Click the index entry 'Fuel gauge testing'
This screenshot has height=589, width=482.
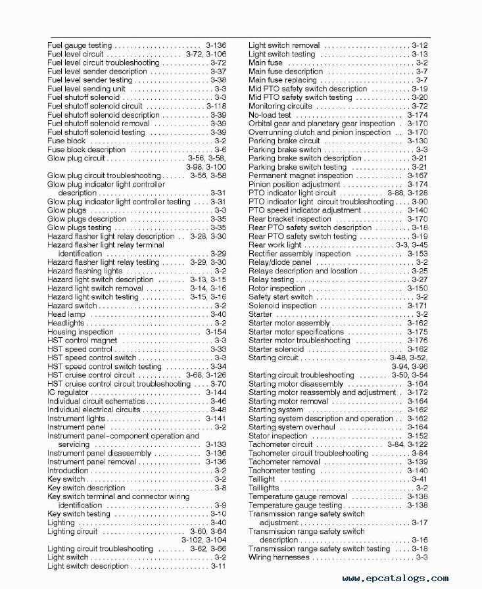tap(80, 45)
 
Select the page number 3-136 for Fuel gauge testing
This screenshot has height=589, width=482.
tap(216, 45)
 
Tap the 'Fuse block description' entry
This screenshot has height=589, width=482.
tap(86, 150)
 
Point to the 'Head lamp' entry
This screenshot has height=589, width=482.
tap(66, 314)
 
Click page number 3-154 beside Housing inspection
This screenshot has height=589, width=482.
tap(216, 332)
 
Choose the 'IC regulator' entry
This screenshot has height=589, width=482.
tap(68, 392)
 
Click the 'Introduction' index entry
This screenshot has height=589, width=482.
tap(68, 471)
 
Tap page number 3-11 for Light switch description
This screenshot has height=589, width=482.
tap(218, 566)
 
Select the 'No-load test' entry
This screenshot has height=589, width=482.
tap(270, 115)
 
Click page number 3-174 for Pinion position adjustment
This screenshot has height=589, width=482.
tap(417, 185)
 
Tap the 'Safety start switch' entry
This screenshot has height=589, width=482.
tap(281, 297)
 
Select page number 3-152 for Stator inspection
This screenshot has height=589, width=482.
tap(417, 436)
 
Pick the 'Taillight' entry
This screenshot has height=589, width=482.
tap(262, 479)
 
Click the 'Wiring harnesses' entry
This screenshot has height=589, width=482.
tap(279, 557)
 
